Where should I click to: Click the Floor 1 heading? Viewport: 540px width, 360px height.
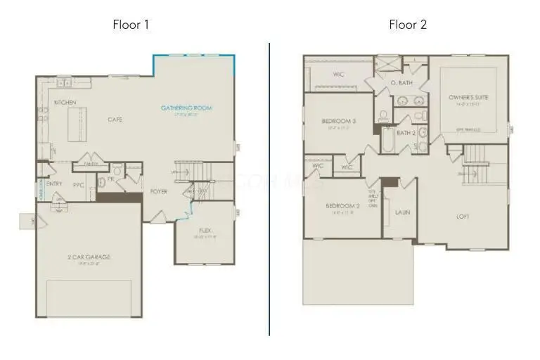tap(131, 25)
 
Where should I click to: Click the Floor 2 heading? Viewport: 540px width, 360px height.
tap(408, 25)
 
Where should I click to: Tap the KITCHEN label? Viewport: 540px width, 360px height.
tap(65, 103)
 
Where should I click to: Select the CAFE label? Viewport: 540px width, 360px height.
tap(115, 120)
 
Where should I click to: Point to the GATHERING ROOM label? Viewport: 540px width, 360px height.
tap(186, 108)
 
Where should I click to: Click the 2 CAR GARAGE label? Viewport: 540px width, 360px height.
tap(89, 257)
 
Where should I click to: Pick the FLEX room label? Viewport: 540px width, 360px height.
tap(205, 230)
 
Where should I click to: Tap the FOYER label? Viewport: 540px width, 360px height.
tap(159, 191)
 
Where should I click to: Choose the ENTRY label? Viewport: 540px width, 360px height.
tap(54, 184)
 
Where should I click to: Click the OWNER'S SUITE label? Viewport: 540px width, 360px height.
tap(468, 97)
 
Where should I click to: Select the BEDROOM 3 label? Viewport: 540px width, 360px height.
tap(338, 122)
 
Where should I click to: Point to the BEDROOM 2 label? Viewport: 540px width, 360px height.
tap(342, 206)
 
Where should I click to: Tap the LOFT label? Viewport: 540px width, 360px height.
tap(463, 216)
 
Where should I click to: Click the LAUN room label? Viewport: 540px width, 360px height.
tap(402, 212)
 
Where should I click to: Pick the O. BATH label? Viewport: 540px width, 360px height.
tap(401, 83)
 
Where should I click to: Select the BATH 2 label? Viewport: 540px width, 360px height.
tap(405, 132)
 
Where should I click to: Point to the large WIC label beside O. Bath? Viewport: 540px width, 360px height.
tap(338, 75)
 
